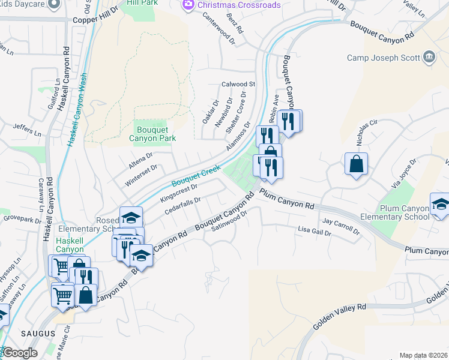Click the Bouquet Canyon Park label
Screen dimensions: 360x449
tap(152, 133)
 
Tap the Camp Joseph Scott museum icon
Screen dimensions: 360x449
tap(429, 58)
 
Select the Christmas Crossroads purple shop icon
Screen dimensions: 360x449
tap(188, 5)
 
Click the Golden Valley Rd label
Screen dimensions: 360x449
tap(340, 316)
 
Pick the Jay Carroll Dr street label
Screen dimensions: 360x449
tap(340, 226)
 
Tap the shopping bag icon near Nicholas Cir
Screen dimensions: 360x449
tap(356, 163)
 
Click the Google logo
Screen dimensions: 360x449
tap(20, 353)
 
